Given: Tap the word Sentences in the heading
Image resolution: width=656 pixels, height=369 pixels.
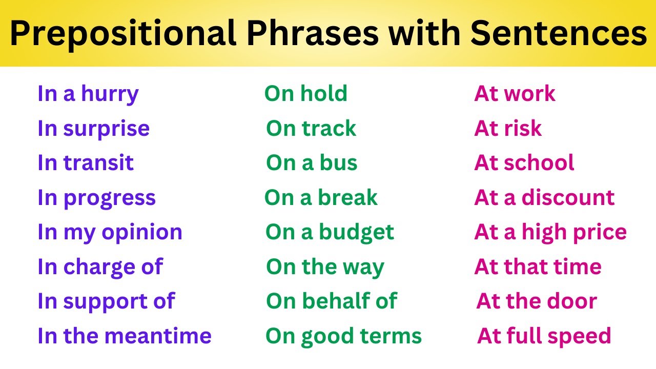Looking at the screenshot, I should [559, 34].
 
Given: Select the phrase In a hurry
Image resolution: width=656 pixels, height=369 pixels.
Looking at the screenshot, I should [88, 94].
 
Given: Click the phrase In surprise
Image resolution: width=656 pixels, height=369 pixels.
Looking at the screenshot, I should [93, 129].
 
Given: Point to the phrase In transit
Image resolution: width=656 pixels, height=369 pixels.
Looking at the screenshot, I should [85, 163].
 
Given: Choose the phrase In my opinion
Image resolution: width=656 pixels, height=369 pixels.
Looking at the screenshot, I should [110, 232].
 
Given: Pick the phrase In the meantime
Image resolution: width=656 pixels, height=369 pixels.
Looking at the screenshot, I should [124, 336].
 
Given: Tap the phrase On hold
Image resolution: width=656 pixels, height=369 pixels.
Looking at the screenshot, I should [305, 94].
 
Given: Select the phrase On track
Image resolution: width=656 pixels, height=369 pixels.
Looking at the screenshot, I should [311, 129].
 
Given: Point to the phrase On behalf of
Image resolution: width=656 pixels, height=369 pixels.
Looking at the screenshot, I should [331, 301].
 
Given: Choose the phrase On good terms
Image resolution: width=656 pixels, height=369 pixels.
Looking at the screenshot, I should [343, 336].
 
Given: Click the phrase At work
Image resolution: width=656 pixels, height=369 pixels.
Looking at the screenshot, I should [515, 94].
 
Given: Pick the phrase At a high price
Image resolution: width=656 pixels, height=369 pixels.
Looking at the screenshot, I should [550, 233].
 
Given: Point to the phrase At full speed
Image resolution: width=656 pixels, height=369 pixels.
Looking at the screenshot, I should [544, 336].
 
